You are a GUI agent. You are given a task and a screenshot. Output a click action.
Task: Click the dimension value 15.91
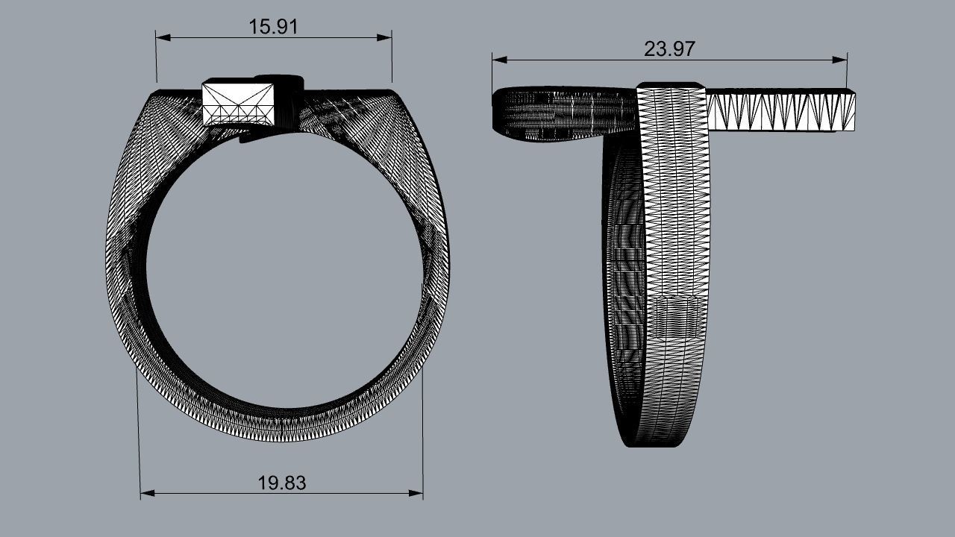point(273,27)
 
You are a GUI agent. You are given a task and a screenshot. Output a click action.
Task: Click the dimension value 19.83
point(282,483)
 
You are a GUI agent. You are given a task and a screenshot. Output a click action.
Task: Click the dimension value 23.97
point(669,49)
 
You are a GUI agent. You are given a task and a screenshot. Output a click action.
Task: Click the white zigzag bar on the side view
point(780,110)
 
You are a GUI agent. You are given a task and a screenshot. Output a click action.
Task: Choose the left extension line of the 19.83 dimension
point(139,433)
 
